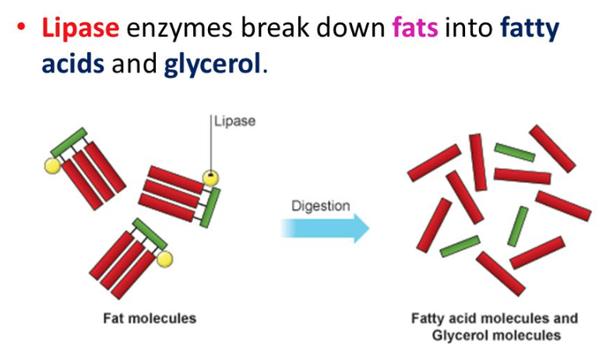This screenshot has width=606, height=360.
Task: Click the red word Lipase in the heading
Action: (80, 29)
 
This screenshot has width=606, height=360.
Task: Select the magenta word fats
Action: (416, 29)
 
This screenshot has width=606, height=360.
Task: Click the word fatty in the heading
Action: (520, 29)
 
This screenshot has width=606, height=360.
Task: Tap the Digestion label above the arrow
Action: (320, 206)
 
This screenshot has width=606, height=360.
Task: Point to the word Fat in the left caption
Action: (114, 318)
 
